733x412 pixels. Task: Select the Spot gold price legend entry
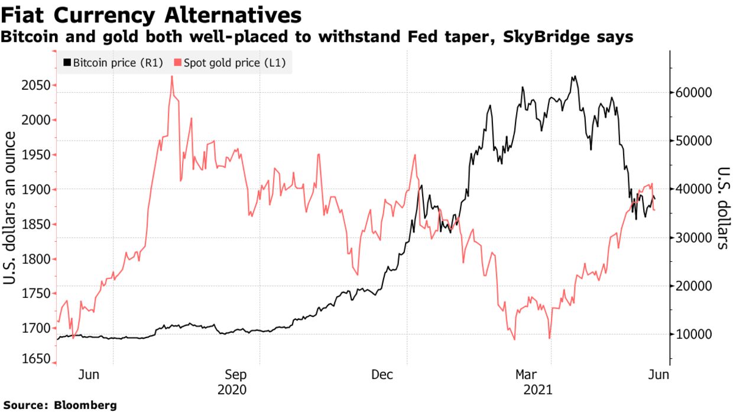[x=228, y=62]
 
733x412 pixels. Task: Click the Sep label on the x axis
[x=236, y=374]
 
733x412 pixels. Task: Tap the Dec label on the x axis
[x=382, y=374]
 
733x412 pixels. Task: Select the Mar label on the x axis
[x=526, y=374]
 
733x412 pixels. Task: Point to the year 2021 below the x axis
[x=538, y=390]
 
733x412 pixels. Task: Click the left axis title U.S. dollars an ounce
[x=11, y=207]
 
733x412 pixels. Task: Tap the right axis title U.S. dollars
[x=722, y=207]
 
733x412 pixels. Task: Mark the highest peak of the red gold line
[x=171, y=76]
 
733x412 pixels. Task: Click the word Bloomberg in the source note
[x=86, y=405]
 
